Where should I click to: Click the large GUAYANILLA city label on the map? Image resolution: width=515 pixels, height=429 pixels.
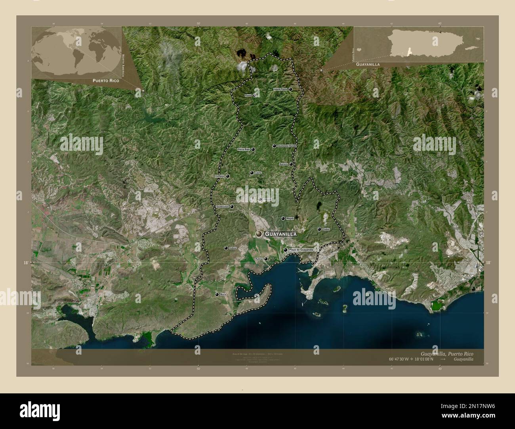(x=280, y=234)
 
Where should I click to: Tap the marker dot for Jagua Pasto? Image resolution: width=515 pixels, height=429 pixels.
(x=291, y=90)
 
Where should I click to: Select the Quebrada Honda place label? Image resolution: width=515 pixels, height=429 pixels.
(x=287, y=146)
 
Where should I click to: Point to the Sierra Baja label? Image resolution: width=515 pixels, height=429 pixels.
(x=244, y=150)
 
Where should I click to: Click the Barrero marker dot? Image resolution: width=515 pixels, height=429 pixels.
(x=291, y=164)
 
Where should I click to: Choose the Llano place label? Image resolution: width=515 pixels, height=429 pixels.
(x=258, y=173)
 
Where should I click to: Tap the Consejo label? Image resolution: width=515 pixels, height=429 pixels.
(x=219, y=176)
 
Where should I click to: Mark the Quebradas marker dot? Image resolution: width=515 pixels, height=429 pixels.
(x=232, y=207)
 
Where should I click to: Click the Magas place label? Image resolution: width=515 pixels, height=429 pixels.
(x=290, y=218)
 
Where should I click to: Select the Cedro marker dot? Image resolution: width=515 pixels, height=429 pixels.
(x=319, y=229)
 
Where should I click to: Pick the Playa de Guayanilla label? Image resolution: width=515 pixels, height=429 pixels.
(x=301, y=250)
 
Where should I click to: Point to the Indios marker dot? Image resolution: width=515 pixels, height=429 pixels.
(x=226, y=248)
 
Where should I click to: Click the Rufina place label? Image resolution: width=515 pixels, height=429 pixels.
(x=259, y=259)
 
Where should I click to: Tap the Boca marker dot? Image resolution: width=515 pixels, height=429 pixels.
(x=217, y=295)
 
